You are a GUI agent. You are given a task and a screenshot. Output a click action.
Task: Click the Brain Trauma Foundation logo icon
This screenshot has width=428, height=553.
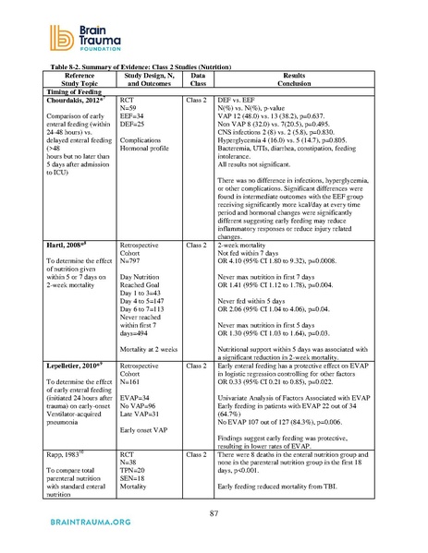tap(46, 30)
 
